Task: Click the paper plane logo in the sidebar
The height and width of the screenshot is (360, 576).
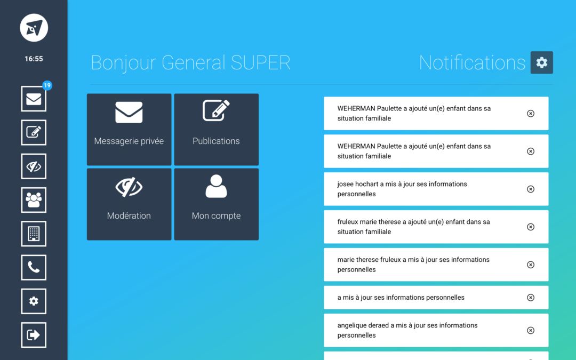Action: click(34, 28)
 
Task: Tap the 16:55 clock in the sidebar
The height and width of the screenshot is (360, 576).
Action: click(34, 59)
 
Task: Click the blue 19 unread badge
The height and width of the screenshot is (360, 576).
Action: click(47, 85)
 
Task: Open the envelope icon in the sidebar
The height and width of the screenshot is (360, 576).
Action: click(34, 99)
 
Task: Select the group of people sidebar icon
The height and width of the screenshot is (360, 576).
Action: click(34, 200)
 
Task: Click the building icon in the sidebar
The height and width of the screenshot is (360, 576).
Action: click(34, 234)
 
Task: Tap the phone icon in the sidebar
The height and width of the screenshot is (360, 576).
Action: click(34, 267)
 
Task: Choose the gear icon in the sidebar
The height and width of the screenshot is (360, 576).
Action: click(34, 301)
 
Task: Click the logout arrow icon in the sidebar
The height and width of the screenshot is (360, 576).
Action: click(34, 335)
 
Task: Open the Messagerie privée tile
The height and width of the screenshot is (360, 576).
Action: click(129, 129)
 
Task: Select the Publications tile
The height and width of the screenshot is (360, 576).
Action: click(217, 129)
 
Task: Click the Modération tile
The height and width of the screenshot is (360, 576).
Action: click(129, 204)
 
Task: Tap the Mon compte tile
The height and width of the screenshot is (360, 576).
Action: click(217, 204)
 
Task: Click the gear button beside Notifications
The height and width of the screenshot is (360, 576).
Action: click(542, 62)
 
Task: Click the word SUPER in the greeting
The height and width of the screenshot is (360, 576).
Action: click(260, 62)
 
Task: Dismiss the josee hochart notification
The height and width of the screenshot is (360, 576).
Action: click(531, 189)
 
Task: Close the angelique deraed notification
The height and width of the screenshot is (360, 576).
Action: click(531, 331)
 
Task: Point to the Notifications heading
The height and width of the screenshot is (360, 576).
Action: click(472, 62)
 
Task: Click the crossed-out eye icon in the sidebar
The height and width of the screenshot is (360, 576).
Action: click(34, 166)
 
